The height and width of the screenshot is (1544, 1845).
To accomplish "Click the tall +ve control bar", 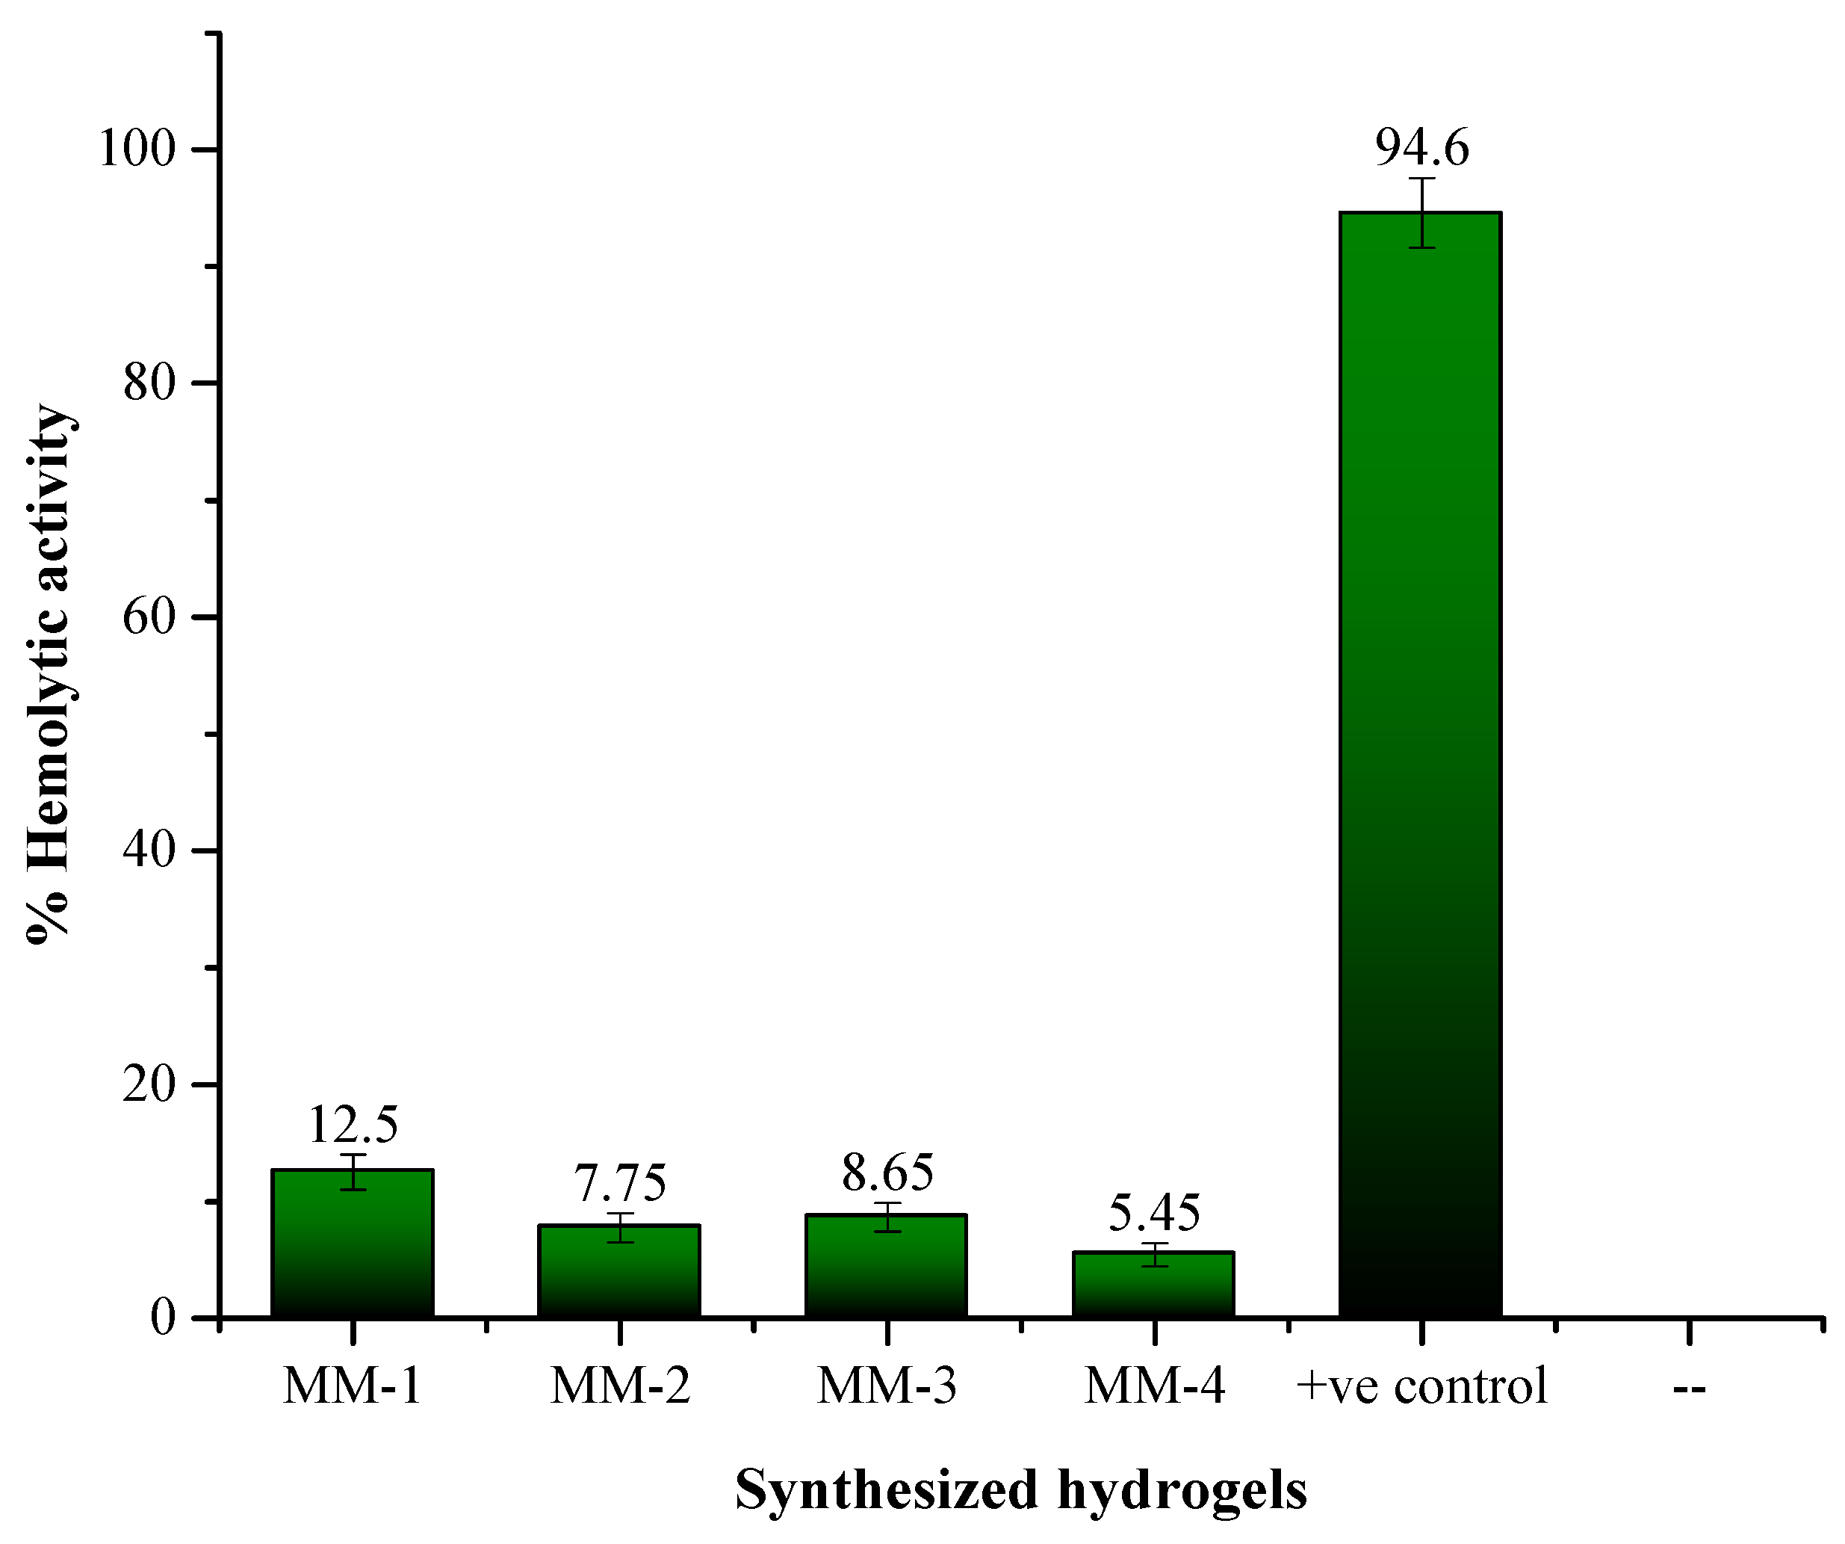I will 1421,765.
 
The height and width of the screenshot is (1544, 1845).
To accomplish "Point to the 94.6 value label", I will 1421,148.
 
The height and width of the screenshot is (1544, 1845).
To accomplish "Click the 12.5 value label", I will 353,1124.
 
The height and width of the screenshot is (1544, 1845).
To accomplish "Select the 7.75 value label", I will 620,1183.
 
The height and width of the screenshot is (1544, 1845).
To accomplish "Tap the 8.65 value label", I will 887,1173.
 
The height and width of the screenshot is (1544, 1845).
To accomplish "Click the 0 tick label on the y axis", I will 164,1318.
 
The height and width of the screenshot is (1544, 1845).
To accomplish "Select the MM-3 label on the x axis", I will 887,1388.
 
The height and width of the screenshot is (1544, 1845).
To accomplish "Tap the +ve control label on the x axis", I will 1421,1388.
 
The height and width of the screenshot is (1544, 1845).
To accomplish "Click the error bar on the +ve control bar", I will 1421,213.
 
